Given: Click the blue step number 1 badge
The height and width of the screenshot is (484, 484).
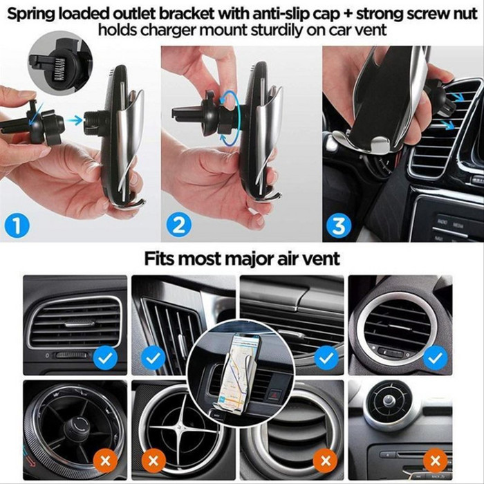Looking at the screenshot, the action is [17, 225].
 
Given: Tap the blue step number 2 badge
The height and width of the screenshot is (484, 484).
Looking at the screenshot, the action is [178, 225].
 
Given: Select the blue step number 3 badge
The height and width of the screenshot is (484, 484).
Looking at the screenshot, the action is [339, 225].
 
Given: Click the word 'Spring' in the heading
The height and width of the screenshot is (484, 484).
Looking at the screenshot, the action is [31, 15].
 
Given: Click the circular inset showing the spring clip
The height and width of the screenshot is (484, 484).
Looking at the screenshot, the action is [61, 66].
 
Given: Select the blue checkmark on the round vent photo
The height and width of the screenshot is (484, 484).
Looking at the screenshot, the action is [436, 358].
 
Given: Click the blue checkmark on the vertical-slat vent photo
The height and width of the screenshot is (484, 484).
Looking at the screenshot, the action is [153, 358].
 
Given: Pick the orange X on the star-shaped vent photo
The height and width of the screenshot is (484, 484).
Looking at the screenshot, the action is [153, 461].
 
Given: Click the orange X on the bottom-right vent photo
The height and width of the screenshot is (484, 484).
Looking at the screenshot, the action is [436, 460].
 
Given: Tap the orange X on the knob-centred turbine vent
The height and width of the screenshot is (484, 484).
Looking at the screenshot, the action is [105, 461].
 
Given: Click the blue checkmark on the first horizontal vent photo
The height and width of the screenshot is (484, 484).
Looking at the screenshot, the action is [105, 358].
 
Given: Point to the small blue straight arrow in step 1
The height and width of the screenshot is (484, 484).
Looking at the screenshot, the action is [75, 120].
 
